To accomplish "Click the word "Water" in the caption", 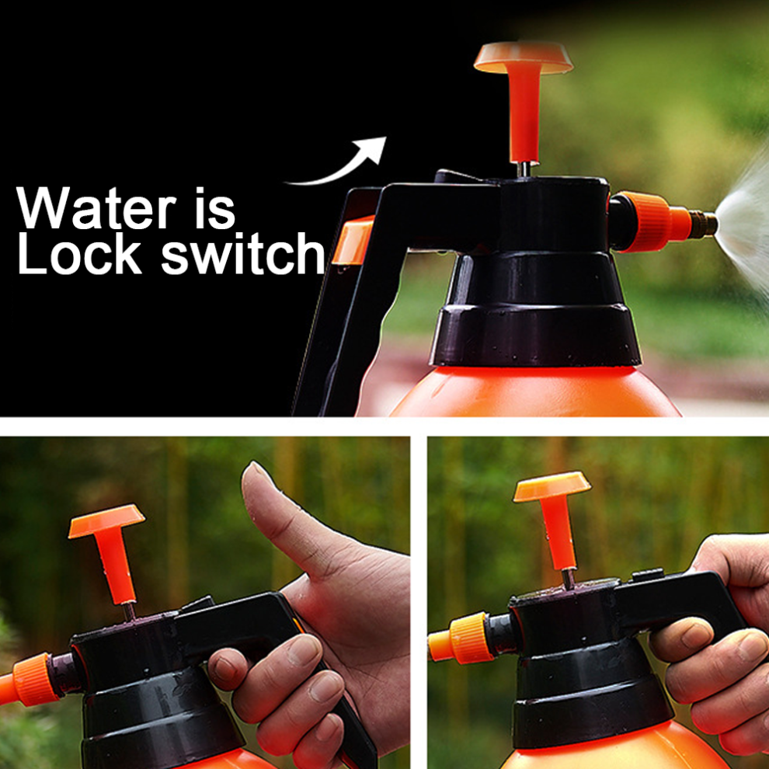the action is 96,207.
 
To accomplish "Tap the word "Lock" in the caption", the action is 79,253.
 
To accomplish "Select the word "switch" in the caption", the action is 243,253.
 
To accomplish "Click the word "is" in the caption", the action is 215,207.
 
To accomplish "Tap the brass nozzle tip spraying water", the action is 703,224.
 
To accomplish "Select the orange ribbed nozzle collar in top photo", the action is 644,222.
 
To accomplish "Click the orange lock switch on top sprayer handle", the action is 353,240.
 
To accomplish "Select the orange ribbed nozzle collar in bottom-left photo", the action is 37,679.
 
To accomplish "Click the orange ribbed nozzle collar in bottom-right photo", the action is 468,638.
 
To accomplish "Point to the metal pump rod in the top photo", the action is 524,169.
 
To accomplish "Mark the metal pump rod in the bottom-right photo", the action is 569,579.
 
